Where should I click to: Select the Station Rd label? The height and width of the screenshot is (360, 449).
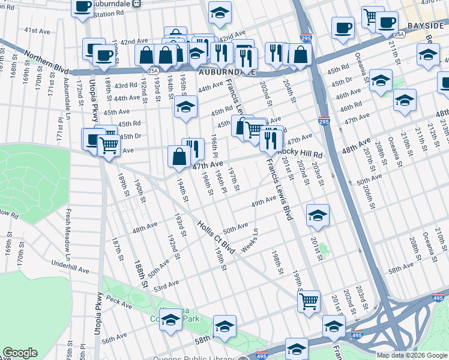pyautogui.click(x=107, y=13)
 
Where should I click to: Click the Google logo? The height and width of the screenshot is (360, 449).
pyautogui.click(x=20, y=353)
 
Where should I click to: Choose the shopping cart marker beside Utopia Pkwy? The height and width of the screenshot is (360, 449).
pyautogui.click(x=109, y=145)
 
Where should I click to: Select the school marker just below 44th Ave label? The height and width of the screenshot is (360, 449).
pyautogui.click(x=186, y=107)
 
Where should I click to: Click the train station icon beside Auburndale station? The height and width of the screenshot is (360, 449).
pyautogui.click(x=137, y=4)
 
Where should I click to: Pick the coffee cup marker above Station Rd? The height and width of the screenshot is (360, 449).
pyautogui.click(x=82, y=7)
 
